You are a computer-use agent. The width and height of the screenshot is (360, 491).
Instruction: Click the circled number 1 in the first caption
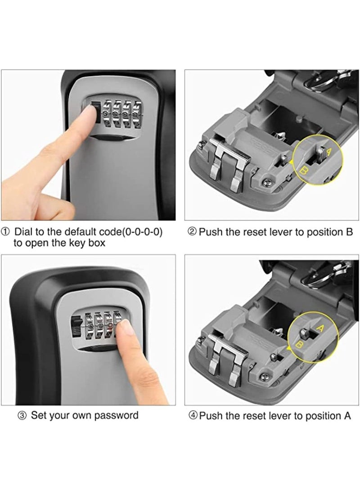[6, 232]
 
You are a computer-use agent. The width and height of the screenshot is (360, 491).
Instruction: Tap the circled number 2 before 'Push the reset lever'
[192, 232]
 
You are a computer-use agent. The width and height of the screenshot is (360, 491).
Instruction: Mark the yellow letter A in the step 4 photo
[320, 328]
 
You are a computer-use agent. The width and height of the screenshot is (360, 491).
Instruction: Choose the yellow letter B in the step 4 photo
[299, 345]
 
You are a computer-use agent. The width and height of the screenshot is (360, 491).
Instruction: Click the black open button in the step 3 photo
[76, 327]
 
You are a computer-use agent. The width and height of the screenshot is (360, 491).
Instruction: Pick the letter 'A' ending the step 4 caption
[347, 416]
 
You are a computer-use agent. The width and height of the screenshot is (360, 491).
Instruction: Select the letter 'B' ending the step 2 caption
[349, 232]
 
